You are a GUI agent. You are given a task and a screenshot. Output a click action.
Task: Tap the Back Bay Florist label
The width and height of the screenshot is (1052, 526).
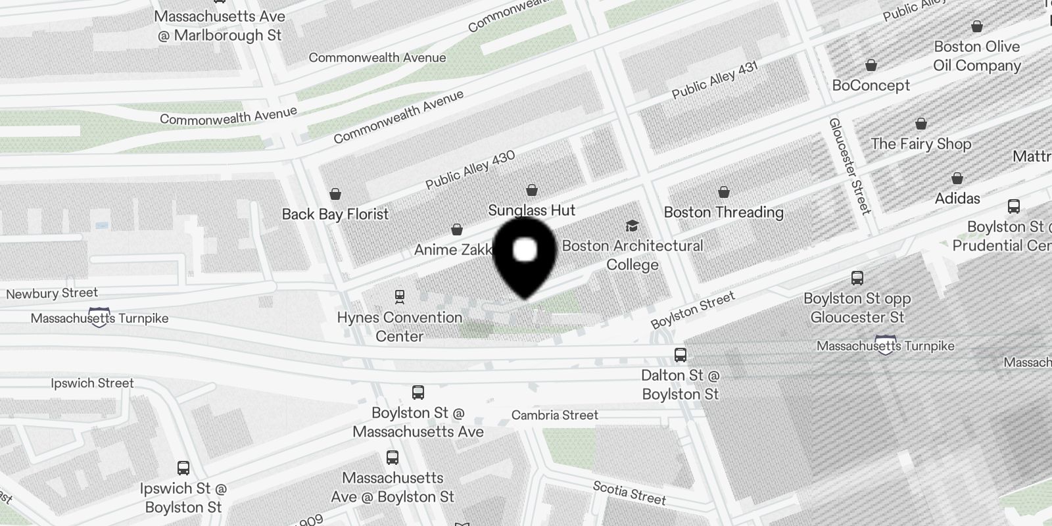click(335, 214)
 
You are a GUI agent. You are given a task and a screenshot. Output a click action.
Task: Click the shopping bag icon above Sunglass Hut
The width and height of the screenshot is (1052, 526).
click(532, 191)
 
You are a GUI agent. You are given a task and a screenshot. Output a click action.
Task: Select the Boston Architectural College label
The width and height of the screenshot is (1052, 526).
click(633, 255)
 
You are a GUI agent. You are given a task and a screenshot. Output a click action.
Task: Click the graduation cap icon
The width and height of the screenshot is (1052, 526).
click(632, 226)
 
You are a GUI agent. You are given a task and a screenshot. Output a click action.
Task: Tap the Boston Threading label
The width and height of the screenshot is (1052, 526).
click(723, 212)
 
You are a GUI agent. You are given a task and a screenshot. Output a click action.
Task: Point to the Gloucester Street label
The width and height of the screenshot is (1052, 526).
click(849, 166)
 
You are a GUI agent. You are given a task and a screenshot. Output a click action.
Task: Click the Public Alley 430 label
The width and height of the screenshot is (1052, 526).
click(470, 170)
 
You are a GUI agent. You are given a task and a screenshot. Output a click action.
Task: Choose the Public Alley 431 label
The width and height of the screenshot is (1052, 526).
click(715, 80)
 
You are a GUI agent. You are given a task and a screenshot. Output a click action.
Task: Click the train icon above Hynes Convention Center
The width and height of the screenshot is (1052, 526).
click(399, 297)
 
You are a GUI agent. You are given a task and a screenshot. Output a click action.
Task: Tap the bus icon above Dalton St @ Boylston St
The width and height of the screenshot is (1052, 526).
click(681, 355)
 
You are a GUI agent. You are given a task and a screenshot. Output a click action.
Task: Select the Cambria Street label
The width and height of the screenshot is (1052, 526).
click(555, 416)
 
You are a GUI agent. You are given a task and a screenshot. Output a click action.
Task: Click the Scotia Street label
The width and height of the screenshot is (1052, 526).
click(629, 492)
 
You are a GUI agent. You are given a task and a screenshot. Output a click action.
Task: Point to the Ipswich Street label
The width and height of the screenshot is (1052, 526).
click(92, 383)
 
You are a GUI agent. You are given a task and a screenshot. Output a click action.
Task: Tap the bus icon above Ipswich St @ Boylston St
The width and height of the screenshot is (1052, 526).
click(183, 468)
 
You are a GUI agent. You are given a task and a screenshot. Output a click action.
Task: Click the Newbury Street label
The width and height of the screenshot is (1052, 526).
click(52, 293)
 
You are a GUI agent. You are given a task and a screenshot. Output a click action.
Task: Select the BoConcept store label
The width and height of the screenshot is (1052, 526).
click(871, 85)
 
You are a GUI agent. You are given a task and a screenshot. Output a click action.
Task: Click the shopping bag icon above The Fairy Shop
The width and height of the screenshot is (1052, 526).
click(921, 124)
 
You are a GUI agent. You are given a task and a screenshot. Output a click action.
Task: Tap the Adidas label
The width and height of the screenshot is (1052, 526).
click(957, 199)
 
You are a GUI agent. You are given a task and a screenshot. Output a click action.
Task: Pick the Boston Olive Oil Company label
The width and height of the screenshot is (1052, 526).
click(976, 56)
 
